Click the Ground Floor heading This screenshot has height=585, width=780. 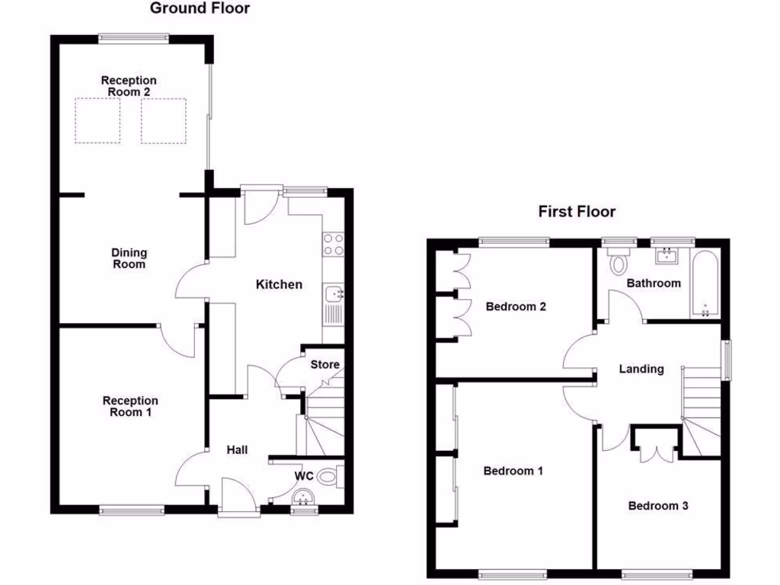coord(200,9)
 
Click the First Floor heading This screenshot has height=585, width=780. coord(577,212)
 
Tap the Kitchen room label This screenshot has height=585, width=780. coord(278,285)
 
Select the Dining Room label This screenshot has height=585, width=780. coord(129,259)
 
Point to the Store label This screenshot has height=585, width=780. coord(324,365)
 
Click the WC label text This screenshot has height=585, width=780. coord(305,476)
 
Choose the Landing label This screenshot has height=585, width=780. coord(641,369)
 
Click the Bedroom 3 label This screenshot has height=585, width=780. coord(658,506)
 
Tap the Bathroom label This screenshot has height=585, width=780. coord(653,283)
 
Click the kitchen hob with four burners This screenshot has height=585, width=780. coord(333,244)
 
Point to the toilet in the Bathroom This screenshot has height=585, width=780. coord(619,261)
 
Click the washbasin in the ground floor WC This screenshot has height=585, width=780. coord(305,499)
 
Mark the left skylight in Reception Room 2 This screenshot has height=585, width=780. coord(97,121)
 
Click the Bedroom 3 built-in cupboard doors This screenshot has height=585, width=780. coord(654,448)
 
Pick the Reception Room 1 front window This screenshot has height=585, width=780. coord(132,510)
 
